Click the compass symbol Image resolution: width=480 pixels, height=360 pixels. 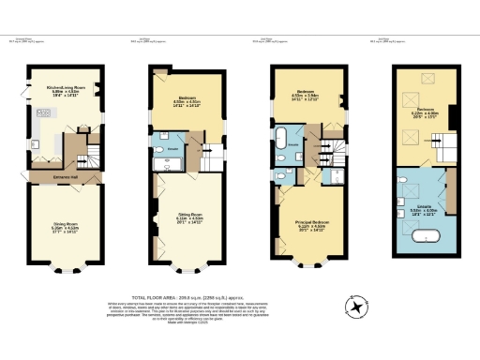click(357, 307)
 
